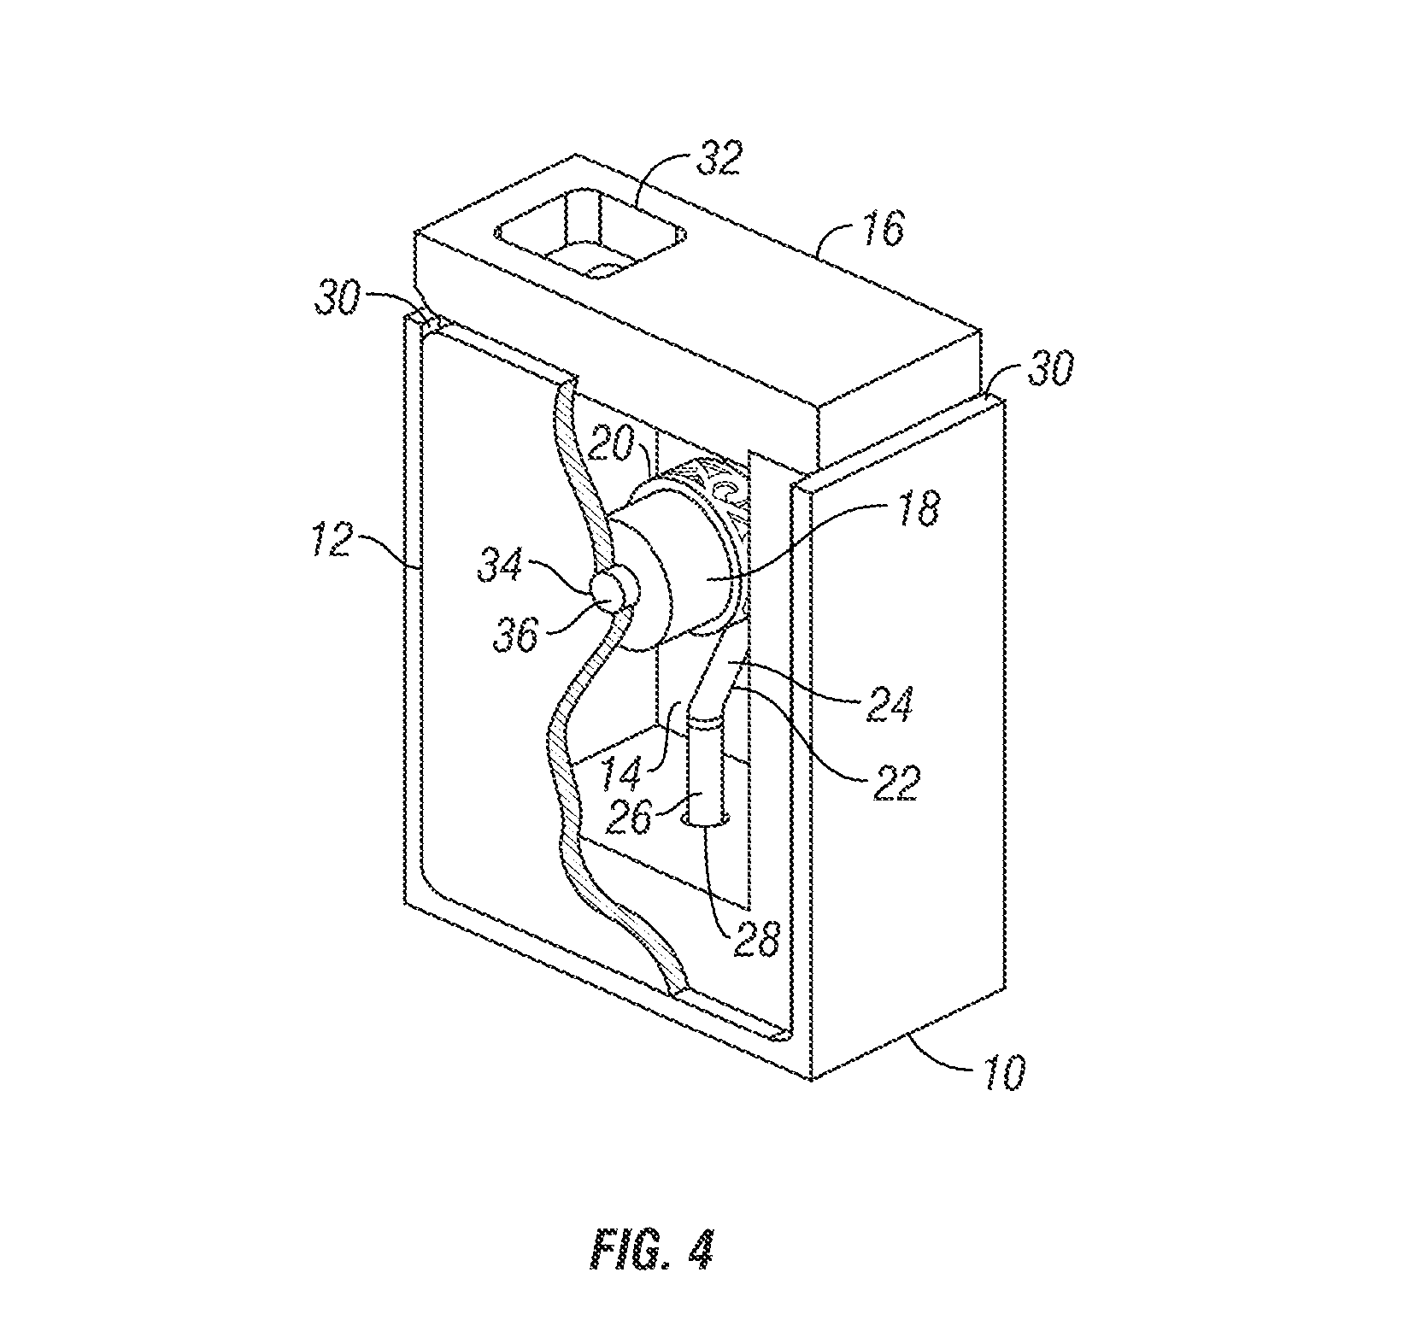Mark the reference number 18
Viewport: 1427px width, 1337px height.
click(913, 508)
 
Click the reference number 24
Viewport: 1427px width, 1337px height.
click(891, 706)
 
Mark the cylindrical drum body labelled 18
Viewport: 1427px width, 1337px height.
click(684, 564)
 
